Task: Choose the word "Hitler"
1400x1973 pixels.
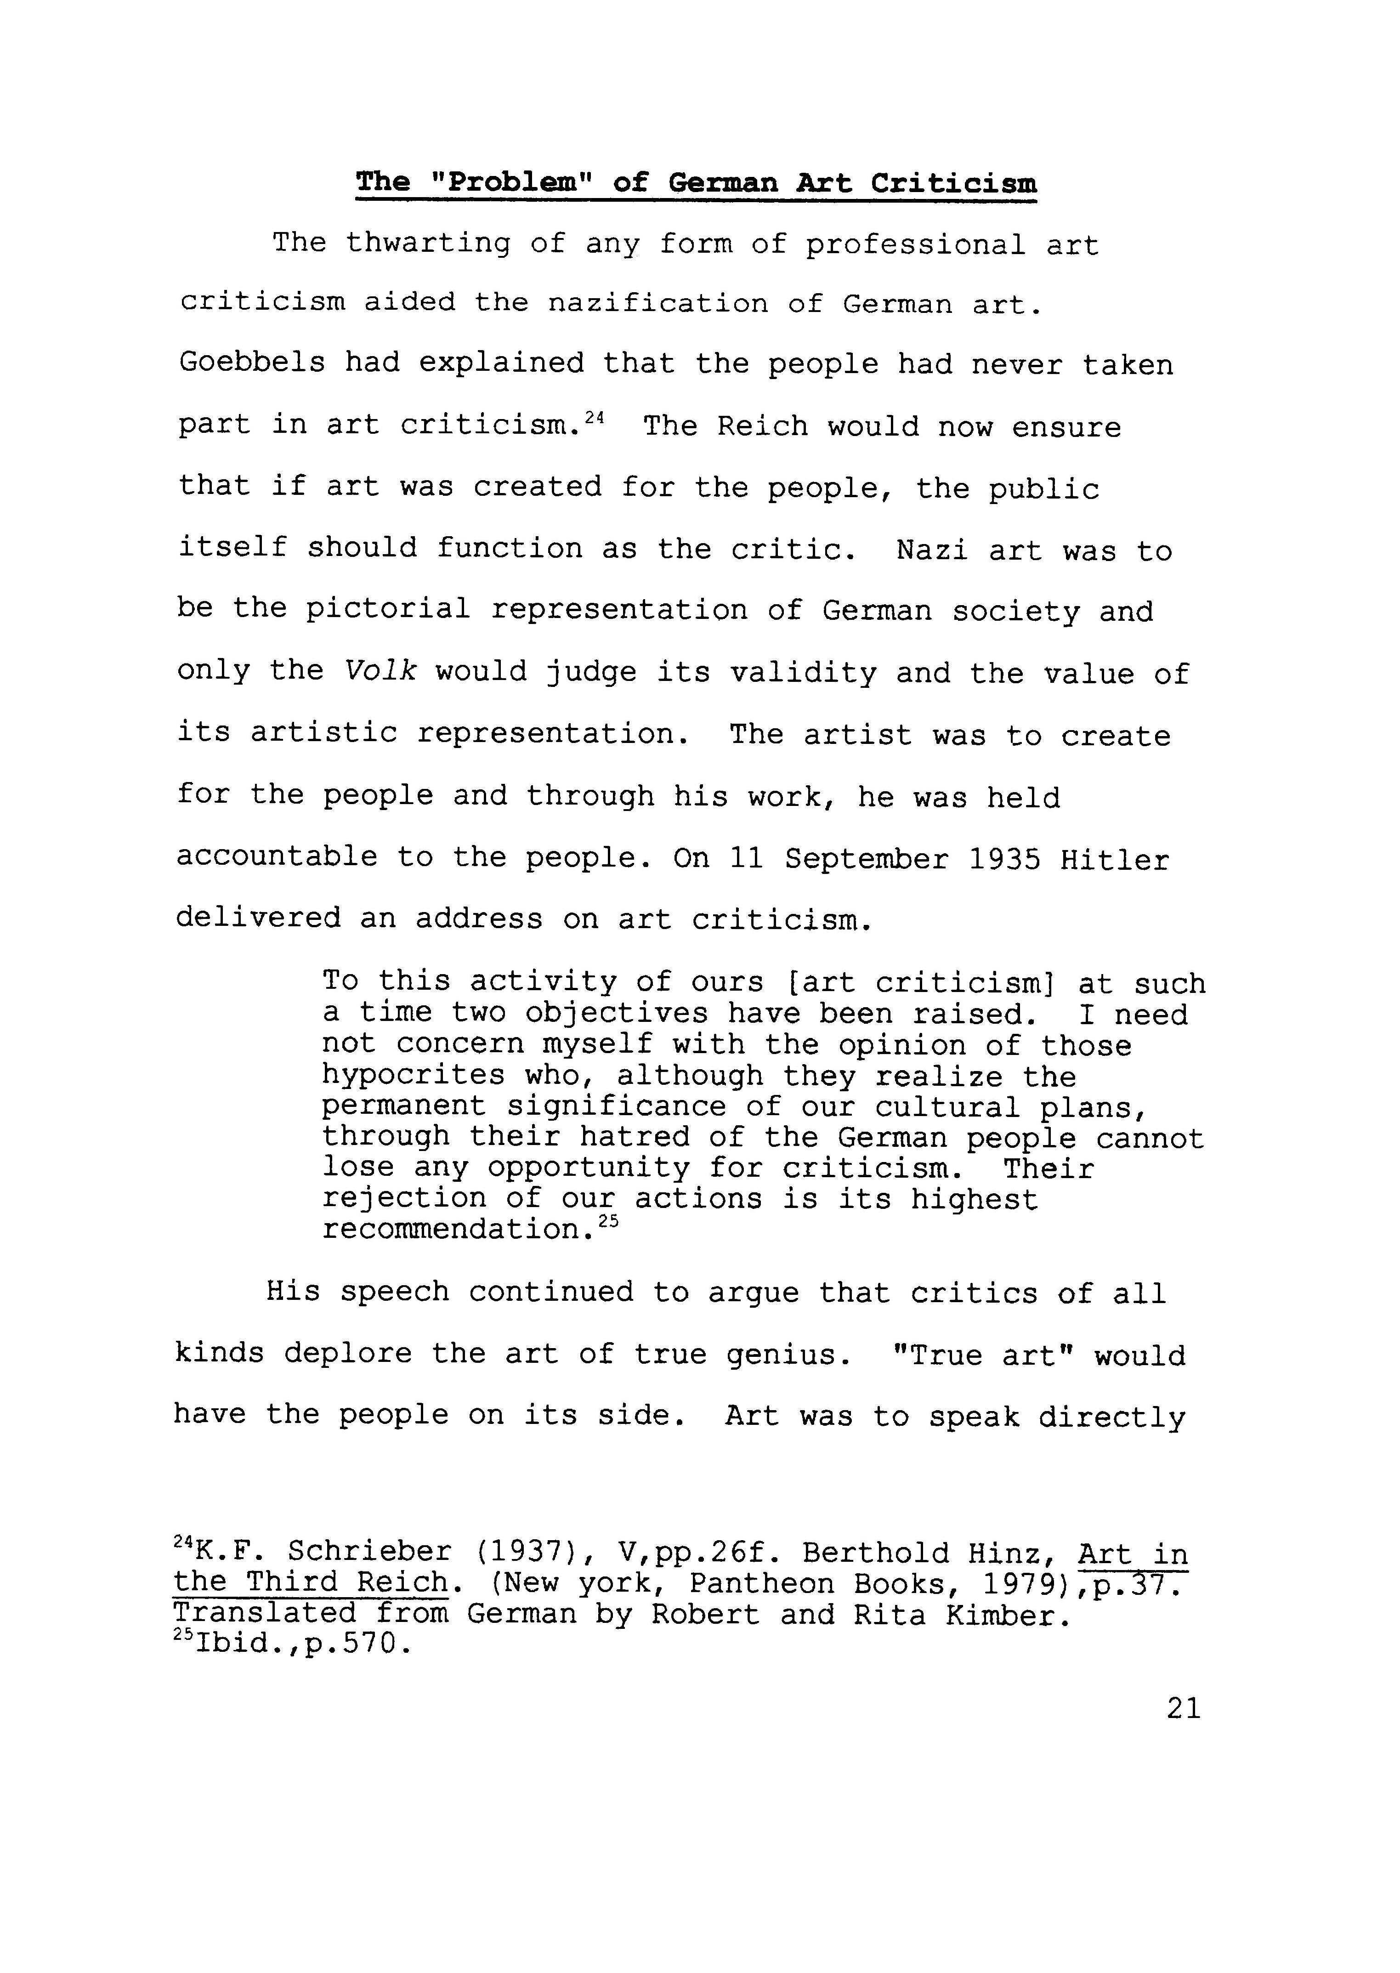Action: (1115, 859)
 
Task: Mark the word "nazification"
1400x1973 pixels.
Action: (657, 303)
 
